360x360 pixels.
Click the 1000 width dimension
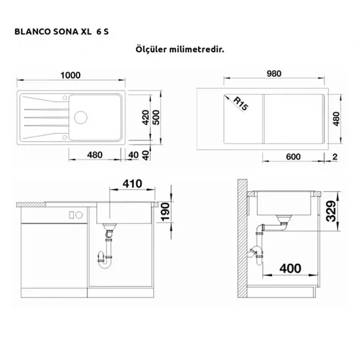coord(70,76)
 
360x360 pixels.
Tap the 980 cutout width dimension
coord(274,74)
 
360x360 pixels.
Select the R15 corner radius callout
coord(241,104)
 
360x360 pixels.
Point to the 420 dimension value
coord(146,118)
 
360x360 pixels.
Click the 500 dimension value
coord(156,118)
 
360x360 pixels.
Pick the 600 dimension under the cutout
coord(293,157)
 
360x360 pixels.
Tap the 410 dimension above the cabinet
coord(132,184)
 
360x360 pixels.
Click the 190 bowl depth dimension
coord(165,212)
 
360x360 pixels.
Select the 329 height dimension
coord(331,211)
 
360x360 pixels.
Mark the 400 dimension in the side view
coord(290,268)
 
